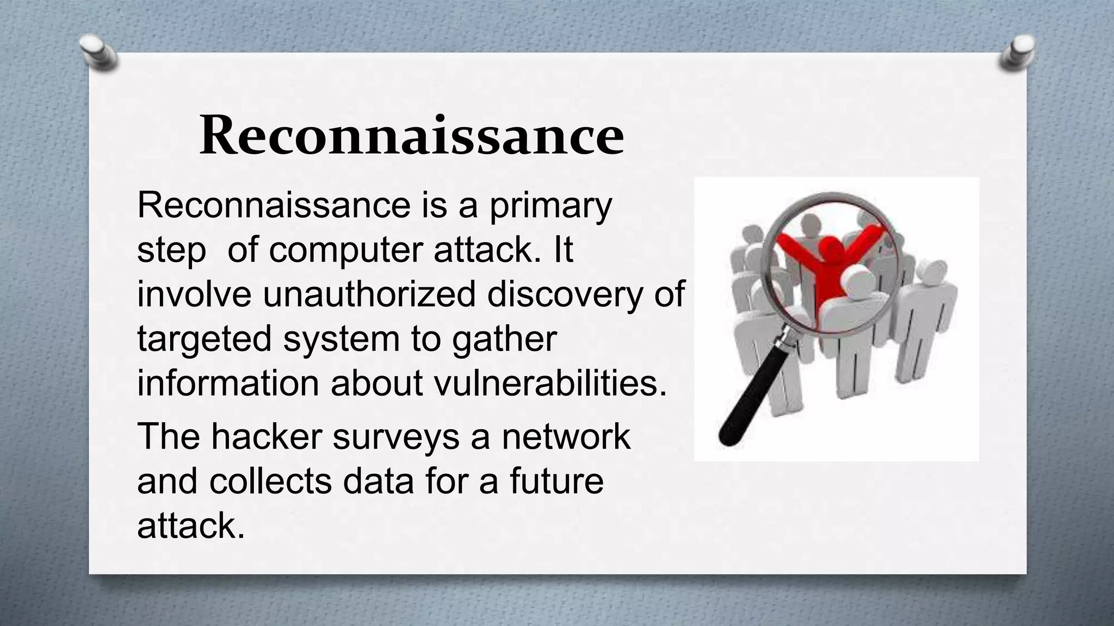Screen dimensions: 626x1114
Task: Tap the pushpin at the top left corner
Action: pyautogui.click(x=98, y=53)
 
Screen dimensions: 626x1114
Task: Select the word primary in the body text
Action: pyautogui.click(x=550, y=206)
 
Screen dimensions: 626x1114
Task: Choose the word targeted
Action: pyautogui.click(x=204, y=340)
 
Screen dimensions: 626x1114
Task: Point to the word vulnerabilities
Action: pyautogui.click(x=550, y=383)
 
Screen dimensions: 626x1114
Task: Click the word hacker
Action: pyautogui.click(x=267, y=436)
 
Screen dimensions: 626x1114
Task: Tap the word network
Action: pyautogui.click(x=566, y=436)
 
